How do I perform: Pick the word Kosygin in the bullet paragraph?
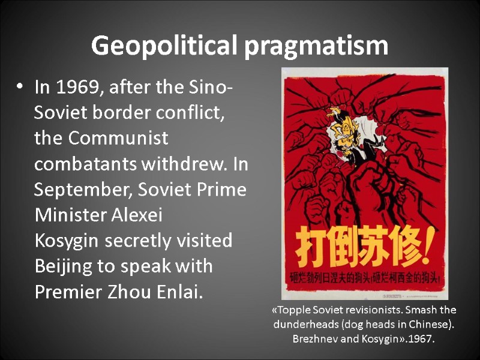tap(67, 241)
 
